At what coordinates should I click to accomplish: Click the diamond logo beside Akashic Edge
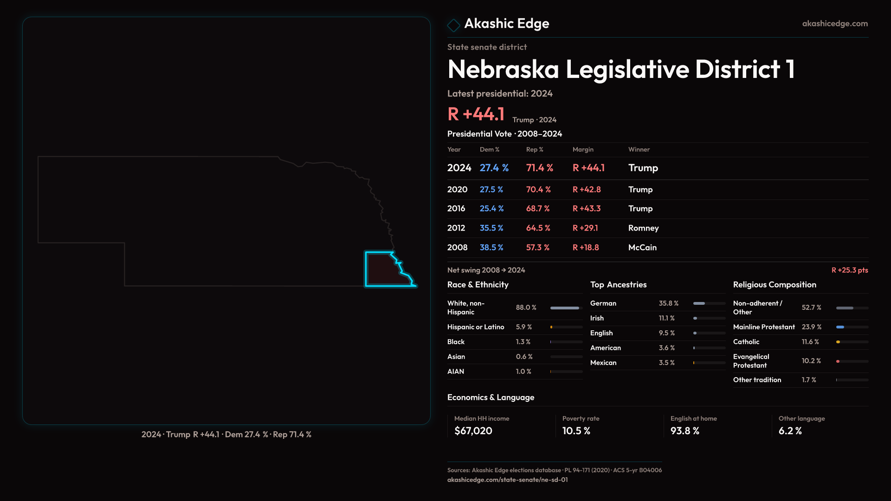point(453,25)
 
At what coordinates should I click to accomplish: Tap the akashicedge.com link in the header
point(834,24)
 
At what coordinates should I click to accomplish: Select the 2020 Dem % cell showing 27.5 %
point(491,190)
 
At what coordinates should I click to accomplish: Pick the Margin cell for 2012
point(585,228)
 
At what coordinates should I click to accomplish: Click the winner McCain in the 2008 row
point(642,248)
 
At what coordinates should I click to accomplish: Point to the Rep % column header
point(534,149)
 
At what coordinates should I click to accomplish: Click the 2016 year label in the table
point(456,209)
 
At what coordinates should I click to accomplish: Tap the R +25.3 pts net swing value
point(849,270)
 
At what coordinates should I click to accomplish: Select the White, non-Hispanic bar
point(565,308)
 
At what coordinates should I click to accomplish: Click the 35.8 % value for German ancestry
point(668,303)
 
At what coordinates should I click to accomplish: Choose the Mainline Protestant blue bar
point(840,327)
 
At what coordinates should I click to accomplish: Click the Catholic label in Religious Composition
point(746,342)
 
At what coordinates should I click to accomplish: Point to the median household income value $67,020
point(473,431)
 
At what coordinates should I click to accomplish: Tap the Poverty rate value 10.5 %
point(576,431)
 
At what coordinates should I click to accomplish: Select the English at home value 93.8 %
point(684,431)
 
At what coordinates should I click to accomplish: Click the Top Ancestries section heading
point(618,285)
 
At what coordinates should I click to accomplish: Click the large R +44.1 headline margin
point(476,114)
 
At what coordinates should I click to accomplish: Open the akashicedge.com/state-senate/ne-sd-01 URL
point(507,480)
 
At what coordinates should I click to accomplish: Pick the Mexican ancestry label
point(603,363)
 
